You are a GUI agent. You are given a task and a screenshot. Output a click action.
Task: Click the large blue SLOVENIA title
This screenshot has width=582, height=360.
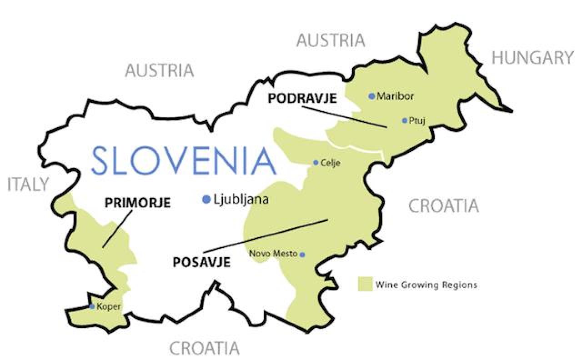[x=184, y=160]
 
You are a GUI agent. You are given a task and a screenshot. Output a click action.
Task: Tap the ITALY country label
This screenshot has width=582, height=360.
[x=28, y=184]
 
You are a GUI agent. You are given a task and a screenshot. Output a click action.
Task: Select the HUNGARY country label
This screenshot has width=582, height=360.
[x=532, y=58]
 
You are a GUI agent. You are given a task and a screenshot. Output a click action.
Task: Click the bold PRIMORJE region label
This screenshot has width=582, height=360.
[x=137, y=203]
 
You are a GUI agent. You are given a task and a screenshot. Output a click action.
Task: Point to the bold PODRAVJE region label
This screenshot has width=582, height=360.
[x=302, y=98]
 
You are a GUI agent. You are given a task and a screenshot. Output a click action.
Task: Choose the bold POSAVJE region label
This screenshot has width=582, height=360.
[x=201, y=262]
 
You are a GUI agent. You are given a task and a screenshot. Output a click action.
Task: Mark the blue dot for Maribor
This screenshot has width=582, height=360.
[x=371, y=96]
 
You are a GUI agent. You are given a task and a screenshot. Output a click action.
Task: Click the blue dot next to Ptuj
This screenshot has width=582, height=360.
[x=404, y=120]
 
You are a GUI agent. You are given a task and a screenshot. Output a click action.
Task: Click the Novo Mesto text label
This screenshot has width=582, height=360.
[x=273, y=254]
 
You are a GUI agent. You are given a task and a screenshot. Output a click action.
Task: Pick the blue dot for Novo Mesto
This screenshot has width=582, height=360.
[x=302, y=255]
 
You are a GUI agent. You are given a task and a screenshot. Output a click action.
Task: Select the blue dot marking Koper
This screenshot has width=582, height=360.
[x=92, y=307]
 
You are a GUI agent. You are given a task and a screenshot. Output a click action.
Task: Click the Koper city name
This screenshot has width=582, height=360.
[x=109, y=307]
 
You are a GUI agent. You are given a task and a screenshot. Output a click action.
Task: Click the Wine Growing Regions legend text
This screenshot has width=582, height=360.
[x=426, y=285]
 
